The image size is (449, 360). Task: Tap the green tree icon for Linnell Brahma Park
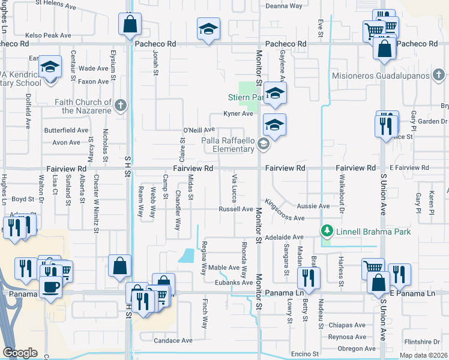327,231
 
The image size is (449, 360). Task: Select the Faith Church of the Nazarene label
84,106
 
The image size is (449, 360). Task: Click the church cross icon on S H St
121,106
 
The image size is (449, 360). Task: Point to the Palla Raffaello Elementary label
228,145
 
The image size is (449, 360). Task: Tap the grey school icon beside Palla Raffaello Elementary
263,144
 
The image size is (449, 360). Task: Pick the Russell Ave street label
236,209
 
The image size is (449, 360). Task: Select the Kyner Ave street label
238,113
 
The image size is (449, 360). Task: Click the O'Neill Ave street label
199,130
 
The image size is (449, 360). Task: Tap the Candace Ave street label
173,340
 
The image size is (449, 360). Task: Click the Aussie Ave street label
317,206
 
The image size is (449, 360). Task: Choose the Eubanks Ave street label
235,282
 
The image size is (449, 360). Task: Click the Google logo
20,353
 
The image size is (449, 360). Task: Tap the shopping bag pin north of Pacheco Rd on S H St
130,25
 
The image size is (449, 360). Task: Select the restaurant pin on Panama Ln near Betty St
308,277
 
